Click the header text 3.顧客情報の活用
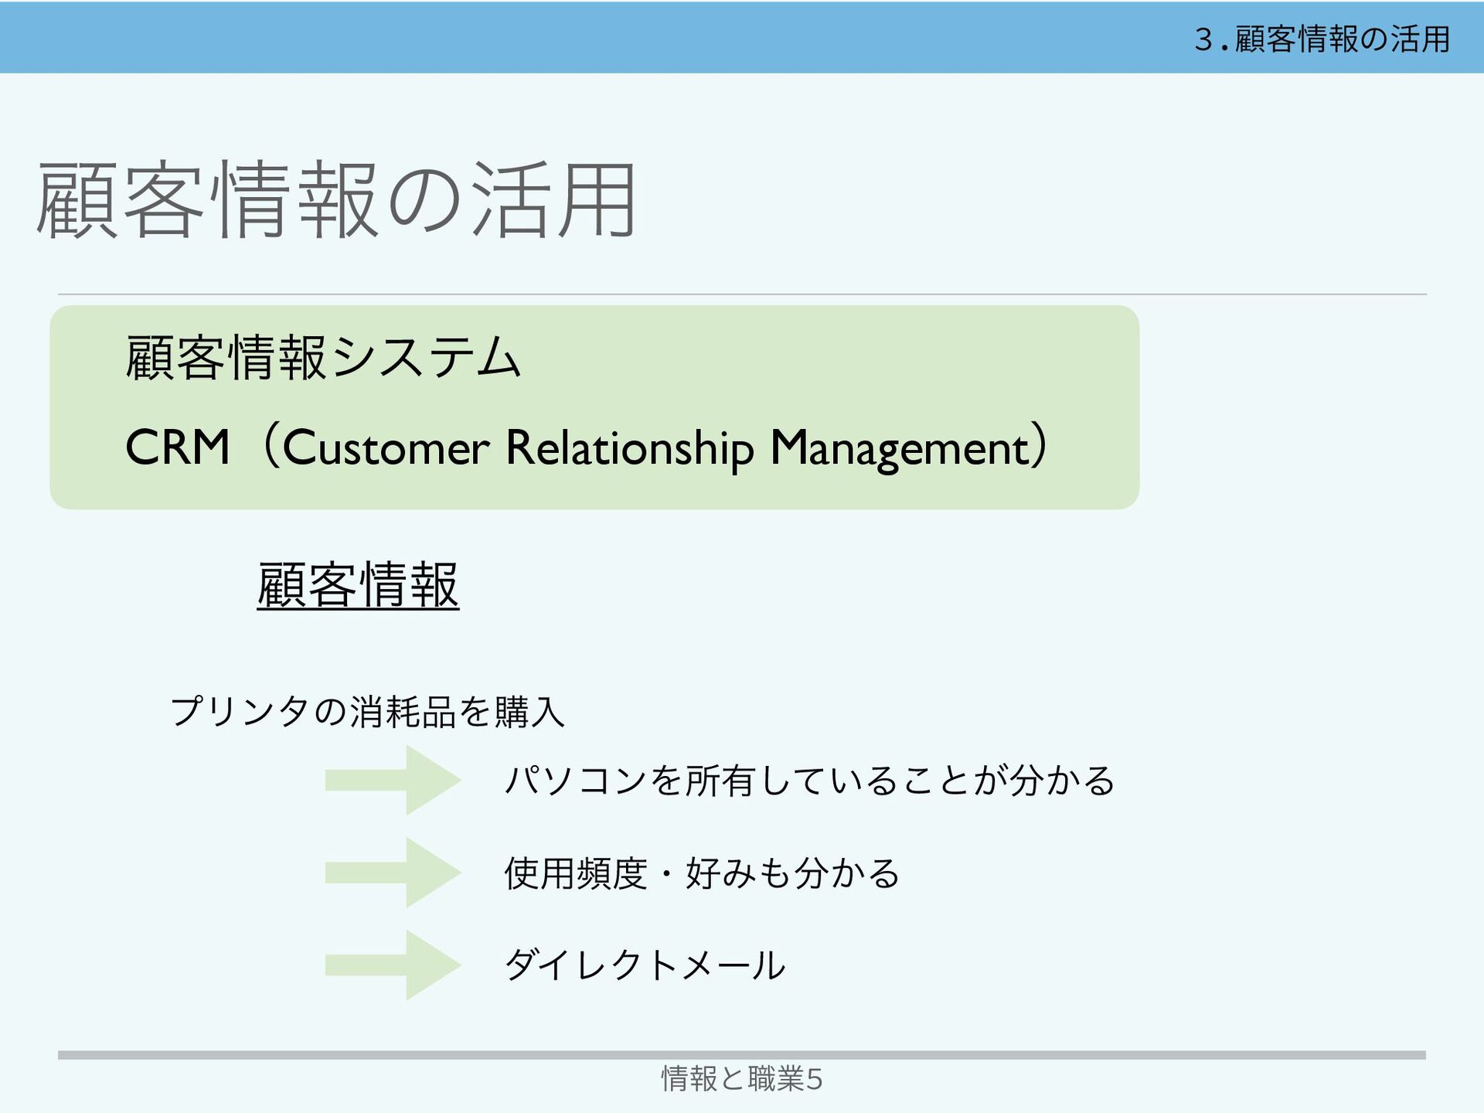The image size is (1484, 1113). pyautogui.click(x=1322, y=39)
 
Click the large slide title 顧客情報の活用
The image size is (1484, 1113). pyautogui.click(x=336, y=201)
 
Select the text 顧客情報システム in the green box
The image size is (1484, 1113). pyautogui.click(x=323, y=358)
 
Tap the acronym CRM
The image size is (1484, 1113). pyautogui.click(x=178, y=448)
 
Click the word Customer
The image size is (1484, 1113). pyautogui.click(x=386, y=448)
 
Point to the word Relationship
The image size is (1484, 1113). pyautogui.click(x=629, y=449)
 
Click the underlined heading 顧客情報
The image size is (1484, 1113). pyautogui.click(x=358, y=585)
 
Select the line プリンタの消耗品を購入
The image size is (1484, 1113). pyautogui.click(x=367, y=711)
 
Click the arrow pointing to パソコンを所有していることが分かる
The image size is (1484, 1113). pyautogui.click(x=393, y=780)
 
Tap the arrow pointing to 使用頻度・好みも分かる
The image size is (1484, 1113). pyautogui.click(x=393, y=873)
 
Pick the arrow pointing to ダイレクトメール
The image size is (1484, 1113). pyautogui.click(x=393, y=965)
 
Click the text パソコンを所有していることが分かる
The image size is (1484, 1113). pyautogui.click(x=809, y=780)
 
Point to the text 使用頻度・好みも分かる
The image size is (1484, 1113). pyautogui.click(x=702, y=873)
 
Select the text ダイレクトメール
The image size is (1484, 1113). pyautogui.click(x=645, y=965)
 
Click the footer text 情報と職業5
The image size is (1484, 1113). pyautogui.click(x=741, y=1078)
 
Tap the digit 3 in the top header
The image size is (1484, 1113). pyautogui.click(x=1203, y=39)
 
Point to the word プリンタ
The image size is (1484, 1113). pyautogui.click(x=240, y=711)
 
